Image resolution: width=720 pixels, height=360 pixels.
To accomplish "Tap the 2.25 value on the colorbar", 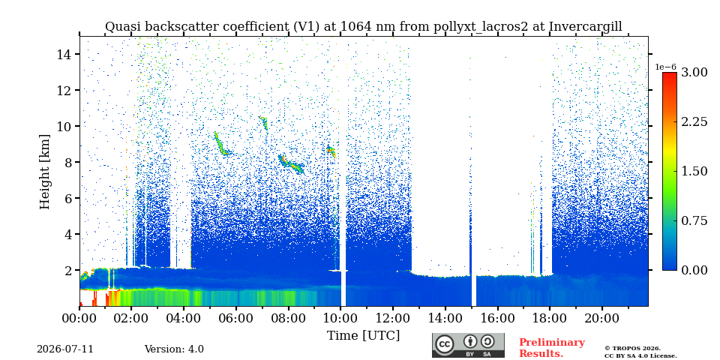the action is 694,121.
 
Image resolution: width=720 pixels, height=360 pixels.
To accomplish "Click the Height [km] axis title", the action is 44,172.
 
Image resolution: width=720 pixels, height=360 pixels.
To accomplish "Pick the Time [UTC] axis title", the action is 363,335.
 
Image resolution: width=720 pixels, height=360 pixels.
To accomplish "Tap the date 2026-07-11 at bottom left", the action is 65,349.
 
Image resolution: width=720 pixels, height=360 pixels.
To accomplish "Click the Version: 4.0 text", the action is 174,349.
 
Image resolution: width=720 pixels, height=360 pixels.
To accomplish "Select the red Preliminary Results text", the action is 552,347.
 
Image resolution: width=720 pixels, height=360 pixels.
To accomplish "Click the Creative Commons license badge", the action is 468,345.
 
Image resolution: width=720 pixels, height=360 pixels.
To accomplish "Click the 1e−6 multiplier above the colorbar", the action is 666,67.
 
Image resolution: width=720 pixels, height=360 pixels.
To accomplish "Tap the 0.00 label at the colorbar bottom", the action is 694,270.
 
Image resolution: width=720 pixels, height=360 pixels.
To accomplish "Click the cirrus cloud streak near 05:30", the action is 223,144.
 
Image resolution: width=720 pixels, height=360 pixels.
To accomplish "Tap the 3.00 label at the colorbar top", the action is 694,72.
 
